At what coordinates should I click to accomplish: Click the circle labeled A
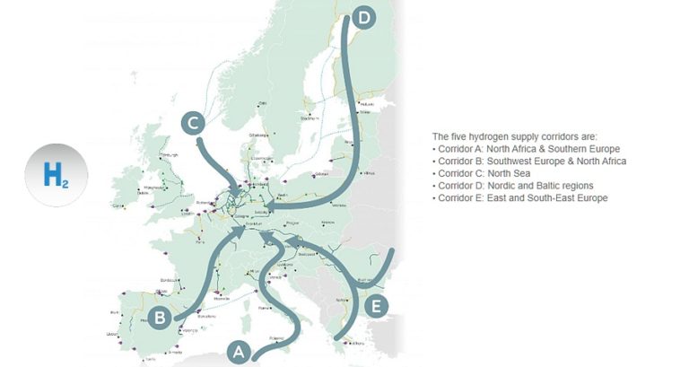[238, 352]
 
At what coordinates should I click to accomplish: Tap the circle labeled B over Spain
[159, 317]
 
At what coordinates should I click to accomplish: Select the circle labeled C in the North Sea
[194, 123]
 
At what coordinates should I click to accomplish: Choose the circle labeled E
[378, 307]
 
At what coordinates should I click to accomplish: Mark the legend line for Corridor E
[521, 197]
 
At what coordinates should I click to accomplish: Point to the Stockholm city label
[310, 118]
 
